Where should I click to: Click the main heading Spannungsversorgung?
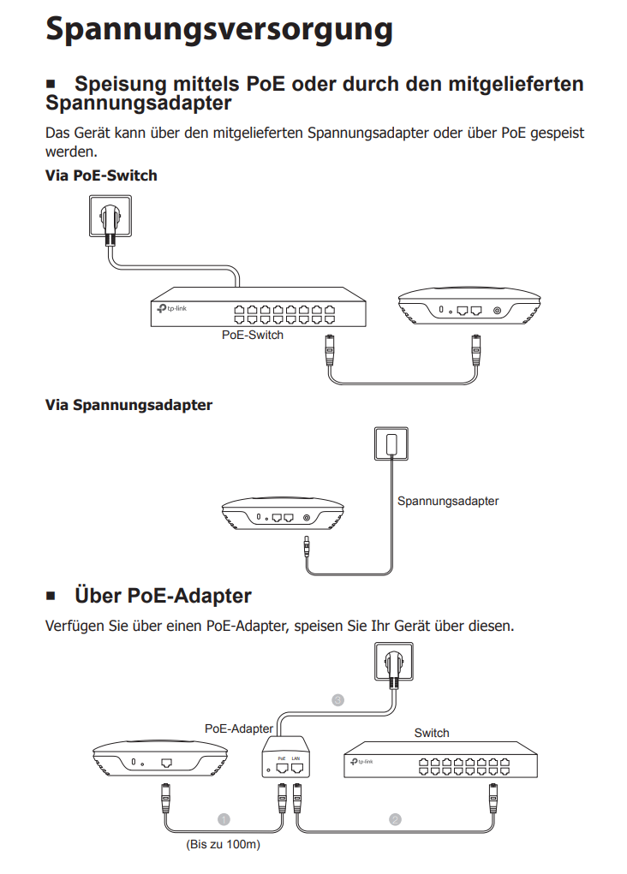click(218, 27)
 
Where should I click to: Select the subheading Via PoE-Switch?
click(100, 175)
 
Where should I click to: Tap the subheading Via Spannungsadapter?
click(128, 405)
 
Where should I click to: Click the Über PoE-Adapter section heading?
click(163, 594)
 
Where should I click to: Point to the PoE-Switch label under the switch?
click(252, 335)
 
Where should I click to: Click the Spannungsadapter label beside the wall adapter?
click(447, 501)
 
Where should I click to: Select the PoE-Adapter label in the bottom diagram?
click(240, 728)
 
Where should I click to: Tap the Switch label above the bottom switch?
click(432, 733)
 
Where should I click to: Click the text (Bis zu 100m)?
click(224, 845)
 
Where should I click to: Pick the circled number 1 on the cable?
click(224, 819)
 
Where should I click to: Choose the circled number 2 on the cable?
click(395, 819)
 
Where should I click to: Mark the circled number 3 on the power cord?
click(338, 700)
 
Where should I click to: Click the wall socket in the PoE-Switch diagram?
click(110, 217)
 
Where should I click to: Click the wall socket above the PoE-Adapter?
click(394, 664)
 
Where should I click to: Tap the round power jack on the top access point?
click(498, 311)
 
